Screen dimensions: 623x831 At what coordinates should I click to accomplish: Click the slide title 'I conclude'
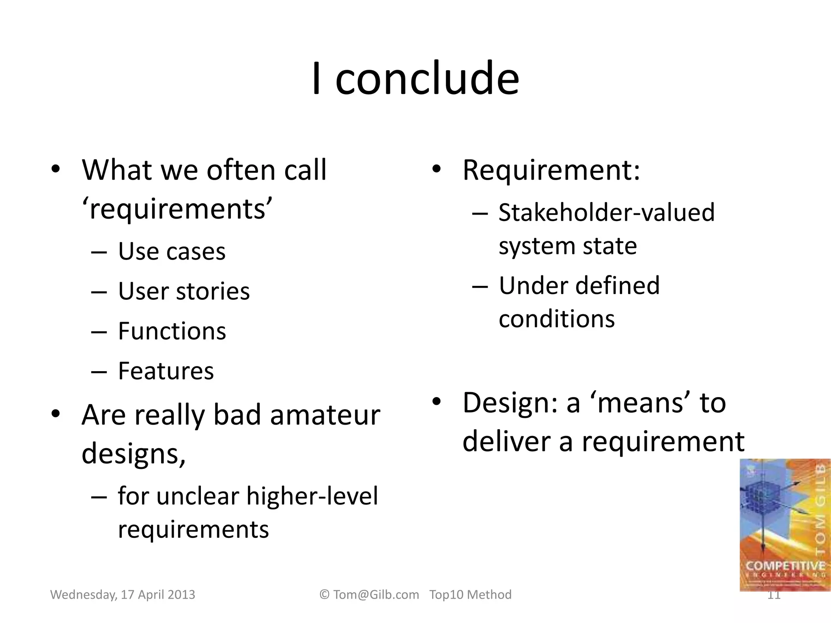point(415,78)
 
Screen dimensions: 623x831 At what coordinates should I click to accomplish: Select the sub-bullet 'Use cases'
point(171,251)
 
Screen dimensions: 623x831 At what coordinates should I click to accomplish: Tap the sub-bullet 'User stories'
point(183,291)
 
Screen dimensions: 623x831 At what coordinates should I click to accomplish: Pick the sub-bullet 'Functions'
point(172,331)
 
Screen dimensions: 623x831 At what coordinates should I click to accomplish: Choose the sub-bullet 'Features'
point(166,371)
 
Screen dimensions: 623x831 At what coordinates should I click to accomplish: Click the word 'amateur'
point(325,415)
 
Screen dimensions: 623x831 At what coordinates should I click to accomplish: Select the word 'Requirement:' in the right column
point(551,170)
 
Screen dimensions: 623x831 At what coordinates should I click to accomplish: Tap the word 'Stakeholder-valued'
point(606,213)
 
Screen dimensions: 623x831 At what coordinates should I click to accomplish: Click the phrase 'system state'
point(567,246)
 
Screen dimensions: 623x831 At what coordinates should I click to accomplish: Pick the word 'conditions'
point(556,319)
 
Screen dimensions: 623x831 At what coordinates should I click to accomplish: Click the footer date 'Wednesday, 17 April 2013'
point(123,595)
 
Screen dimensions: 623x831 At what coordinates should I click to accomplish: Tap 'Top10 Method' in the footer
point(470,595)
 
